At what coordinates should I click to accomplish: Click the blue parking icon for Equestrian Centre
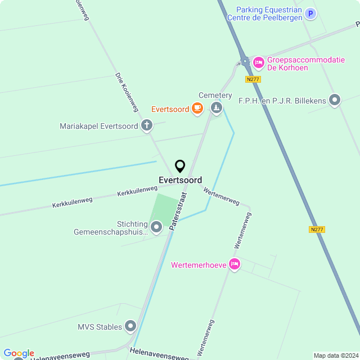(x=310, y=13)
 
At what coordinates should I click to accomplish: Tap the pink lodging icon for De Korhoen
(x=258, y=62)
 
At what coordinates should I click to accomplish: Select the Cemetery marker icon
(x=216, y=107)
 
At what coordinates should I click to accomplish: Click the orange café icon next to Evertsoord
(x=197, y=108)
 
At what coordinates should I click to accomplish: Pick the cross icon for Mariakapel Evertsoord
(x=147, y=125)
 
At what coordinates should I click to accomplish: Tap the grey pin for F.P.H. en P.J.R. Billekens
(x=335, y=101)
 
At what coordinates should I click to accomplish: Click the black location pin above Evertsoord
(x=180, y=166)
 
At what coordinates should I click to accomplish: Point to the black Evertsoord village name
(x=180, y=181)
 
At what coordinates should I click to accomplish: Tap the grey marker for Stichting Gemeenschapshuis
(x=156, y=227)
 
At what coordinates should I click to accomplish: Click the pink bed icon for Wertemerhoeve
(x=235, y=264)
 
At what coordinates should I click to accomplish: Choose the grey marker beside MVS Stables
(x=131, y=326)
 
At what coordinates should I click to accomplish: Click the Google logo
(x=19, y=353)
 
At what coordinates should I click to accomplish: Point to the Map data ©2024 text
(x=336, y=355)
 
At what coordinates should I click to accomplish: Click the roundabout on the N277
(x=245, y=60)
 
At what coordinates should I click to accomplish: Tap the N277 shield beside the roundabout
(x=253, y=79)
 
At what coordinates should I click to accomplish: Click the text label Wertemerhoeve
(x=199, y=264)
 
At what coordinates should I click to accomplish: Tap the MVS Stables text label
(x=100, y=327)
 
